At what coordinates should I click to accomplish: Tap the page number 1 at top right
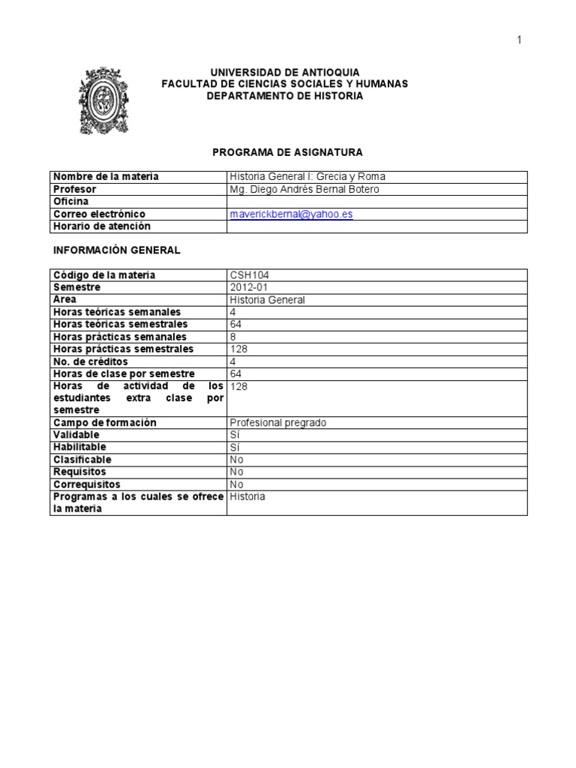point(518,40)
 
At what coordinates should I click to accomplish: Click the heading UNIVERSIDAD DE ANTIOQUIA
point(285,72)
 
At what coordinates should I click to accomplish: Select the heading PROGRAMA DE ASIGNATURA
point(287,152)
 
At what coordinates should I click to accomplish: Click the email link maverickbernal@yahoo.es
point(292,214)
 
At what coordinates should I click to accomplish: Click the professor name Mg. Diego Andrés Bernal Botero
point(304,190)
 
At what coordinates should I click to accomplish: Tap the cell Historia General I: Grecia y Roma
point(307,177)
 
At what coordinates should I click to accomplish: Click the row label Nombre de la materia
point(106,177)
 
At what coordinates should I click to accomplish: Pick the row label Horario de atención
point(102,226)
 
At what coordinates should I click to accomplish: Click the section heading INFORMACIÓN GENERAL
point(115,250)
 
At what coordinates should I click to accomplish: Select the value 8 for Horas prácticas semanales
point(233,337)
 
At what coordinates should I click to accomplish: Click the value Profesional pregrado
point(278,423)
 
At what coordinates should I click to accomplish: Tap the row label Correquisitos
point(86,484)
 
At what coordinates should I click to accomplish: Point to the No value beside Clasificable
point(237,460)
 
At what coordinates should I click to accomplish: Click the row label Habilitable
point(79,448)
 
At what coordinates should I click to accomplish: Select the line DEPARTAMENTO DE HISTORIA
point(285,96)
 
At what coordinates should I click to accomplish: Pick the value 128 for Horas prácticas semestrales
point(238,349)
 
